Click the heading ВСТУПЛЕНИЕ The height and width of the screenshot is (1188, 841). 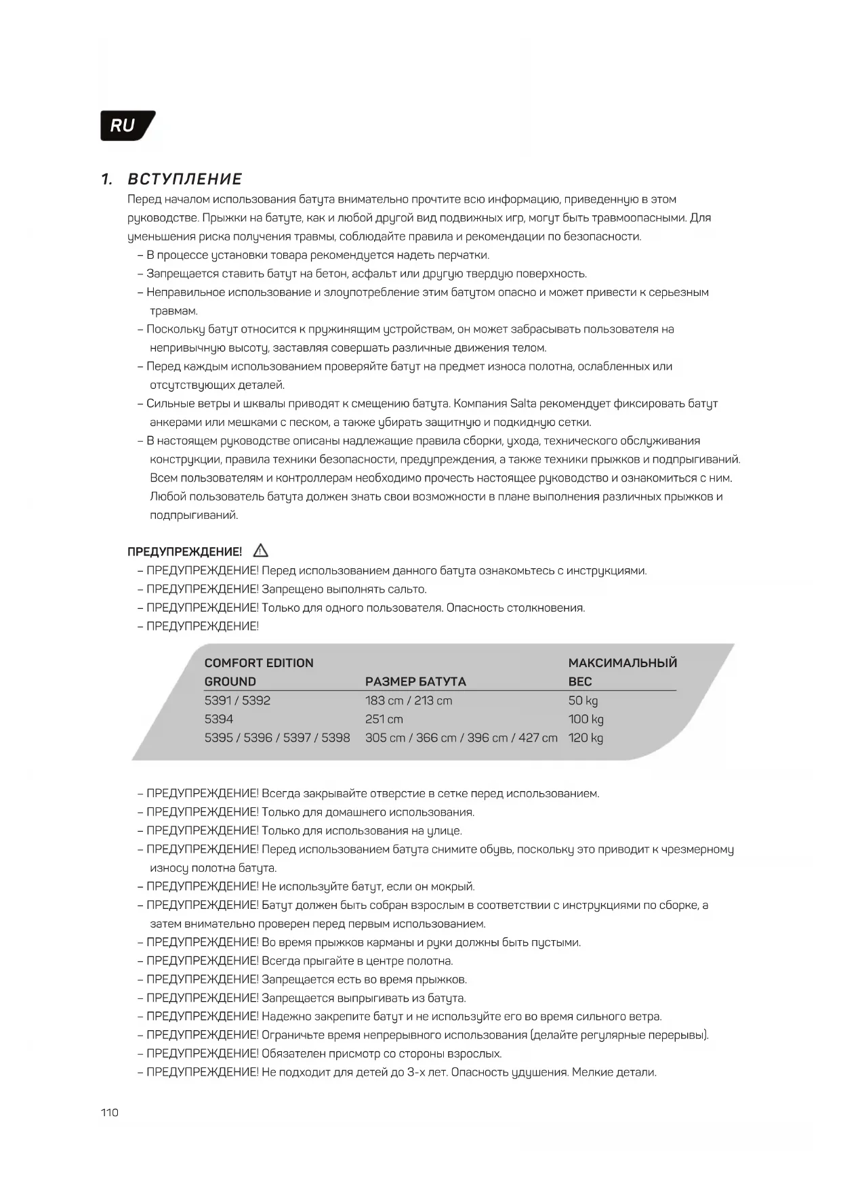[184, 179]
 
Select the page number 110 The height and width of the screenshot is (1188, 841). [109, 1112]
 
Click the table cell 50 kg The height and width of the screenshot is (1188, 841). [583, 700]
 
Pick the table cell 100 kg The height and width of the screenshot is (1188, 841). [586, 719]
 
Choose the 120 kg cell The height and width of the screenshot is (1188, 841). [586, 738]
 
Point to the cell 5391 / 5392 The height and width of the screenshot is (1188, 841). [237, 700]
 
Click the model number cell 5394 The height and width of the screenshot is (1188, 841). [219, 719]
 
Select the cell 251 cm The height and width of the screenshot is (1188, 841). [384, 719]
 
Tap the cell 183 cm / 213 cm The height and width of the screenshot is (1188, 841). [409, 700]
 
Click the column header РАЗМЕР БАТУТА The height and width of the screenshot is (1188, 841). [415, 681]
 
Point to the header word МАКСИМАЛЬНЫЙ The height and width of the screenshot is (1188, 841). [622, 663]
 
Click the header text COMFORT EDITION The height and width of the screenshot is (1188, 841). [259, 663]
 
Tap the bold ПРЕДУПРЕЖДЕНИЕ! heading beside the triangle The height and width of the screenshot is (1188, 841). [184, 552]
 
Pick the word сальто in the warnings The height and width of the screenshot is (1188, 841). [406, 589]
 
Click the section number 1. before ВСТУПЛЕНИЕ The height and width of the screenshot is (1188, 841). [106, 179]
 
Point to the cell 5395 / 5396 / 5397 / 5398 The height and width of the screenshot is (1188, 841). [277, 738]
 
